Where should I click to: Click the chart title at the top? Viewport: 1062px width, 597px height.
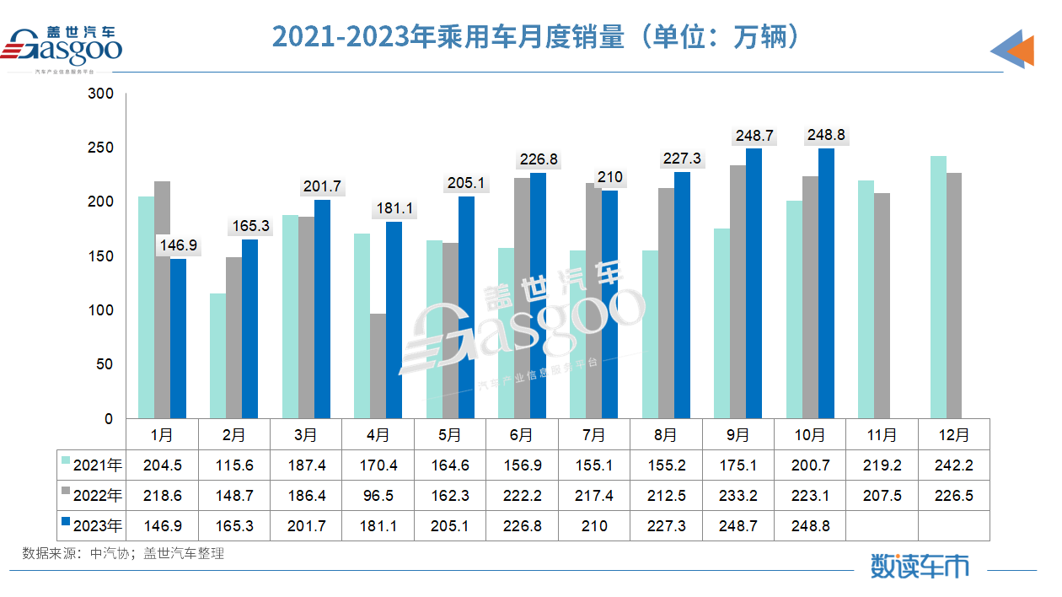(x=534, y=37)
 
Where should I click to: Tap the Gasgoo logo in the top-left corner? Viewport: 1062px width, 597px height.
(x=65, y=47)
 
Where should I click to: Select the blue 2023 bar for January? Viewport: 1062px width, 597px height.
(x=178, y=338)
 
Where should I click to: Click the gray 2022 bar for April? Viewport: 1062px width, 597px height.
(x=378, y=366)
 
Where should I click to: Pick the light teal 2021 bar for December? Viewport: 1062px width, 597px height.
(x=938, y=287)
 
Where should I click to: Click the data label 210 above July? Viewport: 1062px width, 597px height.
(x=609, y=177)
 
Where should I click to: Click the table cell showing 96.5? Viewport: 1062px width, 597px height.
(x=378, y=495)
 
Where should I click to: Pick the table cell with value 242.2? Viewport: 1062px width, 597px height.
(x=953, y=465)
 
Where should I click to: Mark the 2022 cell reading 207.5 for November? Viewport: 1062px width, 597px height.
(x=882, y=495)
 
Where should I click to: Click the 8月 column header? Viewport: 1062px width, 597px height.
(x=666, y=435)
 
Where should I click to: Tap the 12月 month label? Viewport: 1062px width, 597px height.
(x=953, y=435)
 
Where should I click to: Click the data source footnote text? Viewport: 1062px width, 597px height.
(x=123, y=554)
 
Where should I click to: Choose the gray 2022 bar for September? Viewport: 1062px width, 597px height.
(x=737, y=292)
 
